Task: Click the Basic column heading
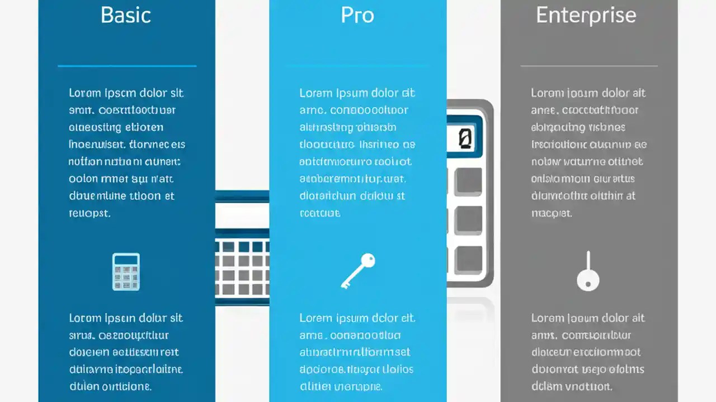[126, 15]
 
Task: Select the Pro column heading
[357, 15]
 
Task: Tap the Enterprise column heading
[586, 15]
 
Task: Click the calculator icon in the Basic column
[126, 271]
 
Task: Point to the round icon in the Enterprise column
[588, 279]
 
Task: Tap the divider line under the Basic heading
[127, 66]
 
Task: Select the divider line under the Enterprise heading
[589, 66]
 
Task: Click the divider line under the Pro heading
[357, 66]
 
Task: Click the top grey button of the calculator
[468, 181]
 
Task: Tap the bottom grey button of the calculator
[468, 259]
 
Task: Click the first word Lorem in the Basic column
[85, 93]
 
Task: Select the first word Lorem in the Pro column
[315, 93]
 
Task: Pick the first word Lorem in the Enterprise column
[547, 93]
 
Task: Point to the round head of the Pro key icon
[368, 260]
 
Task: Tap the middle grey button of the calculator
[468, 221]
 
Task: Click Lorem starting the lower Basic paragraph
[85, 318]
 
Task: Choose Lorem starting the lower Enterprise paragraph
[547, 318]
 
